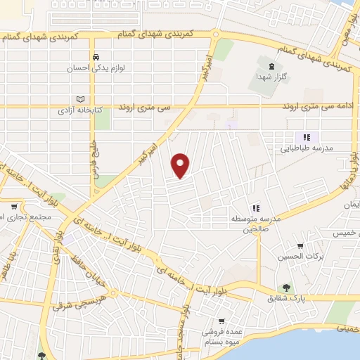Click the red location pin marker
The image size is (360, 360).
[x=181, y=165]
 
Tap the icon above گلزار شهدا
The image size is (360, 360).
[x=262, y=65]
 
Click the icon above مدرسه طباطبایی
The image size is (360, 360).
[x=307, y=137]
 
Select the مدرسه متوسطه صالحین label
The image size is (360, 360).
[x=257, y=224]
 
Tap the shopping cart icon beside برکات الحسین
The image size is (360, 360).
[x=300, y=246]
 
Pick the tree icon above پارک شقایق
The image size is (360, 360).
[x=286, y=287]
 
